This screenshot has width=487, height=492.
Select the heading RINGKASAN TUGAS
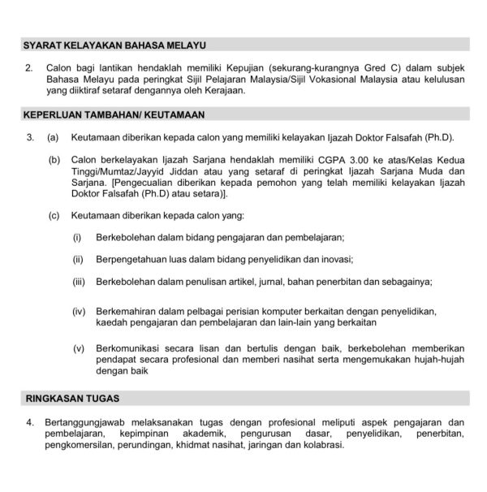(x=73, y=399)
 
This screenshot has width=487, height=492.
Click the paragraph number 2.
(x=30, y=70)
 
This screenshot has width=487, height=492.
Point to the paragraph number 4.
(x=30, y=422)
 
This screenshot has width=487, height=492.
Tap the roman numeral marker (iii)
(x=79, y=281)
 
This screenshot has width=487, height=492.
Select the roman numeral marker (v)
(x=79, y=349)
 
